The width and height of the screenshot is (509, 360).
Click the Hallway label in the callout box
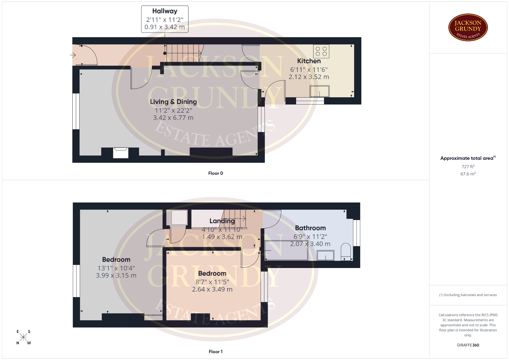point(165,11)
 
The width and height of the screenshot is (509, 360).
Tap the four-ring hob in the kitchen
point(321,51)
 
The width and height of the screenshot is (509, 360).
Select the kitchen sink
point(319,91)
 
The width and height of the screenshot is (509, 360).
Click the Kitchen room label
point(309,61)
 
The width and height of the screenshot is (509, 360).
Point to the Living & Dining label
point(173,102)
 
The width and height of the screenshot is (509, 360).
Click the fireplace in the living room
point(121,153)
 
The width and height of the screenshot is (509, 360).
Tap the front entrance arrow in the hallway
point(73,55)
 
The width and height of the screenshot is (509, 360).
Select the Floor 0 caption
point(216,173)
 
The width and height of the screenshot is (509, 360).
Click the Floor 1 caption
point(216,352)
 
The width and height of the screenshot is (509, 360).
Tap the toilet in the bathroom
point(346,252)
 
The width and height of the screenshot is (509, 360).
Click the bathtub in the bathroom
point(286,250)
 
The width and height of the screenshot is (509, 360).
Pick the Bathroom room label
point(310,228)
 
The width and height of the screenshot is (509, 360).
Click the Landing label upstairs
point(222,221)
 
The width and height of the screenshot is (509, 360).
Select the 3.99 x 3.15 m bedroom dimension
point(116,275)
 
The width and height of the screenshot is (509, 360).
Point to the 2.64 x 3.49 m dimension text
point(212,289)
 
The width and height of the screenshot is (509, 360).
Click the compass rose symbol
point(23,337)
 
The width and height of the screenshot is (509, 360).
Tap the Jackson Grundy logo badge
point(468,28)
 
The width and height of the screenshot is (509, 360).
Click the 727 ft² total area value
point(468,166)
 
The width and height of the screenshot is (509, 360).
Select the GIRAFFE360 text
point(468,345)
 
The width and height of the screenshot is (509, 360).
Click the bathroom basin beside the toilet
point(326,256)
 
